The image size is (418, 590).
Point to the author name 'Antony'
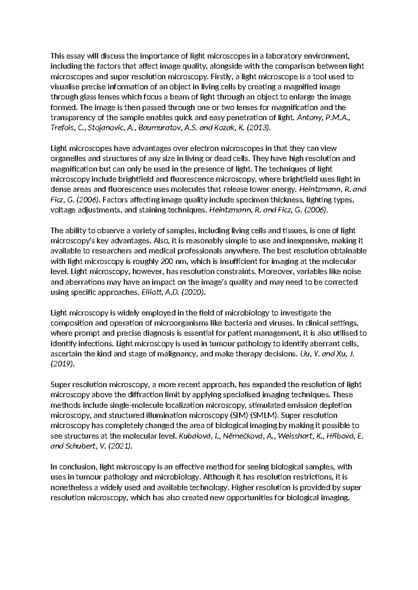[307, 118]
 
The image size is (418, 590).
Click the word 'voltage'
[62, 210]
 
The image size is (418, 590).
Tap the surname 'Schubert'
[79, 446]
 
